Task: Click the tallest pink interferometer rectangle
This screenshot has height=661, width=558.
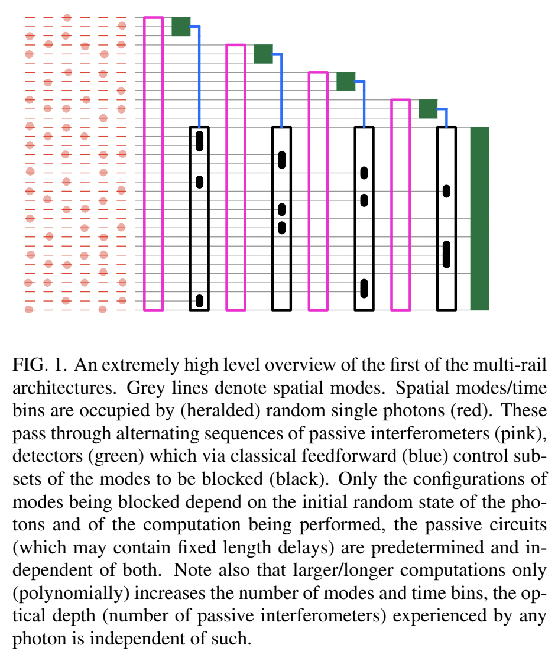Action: pos(153,163)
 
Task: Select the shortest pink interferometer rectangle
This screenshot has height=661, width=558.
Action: pos(400,204)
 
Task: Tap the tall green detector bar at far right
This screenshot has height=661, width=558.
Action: pos(479,218)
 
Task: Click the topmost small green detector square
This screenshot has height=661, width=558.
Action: pos(181,27)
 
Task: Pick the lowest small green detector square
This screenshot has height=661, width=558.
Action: pos(427,109)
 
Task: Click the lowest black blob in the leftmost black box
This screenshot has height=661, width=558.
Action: pos(199,301)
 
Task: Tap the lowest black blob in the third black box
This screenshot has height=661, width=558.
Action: pos(364,289)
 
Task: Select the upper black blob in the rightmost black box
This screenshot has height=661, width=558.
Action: pos(446,192)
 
